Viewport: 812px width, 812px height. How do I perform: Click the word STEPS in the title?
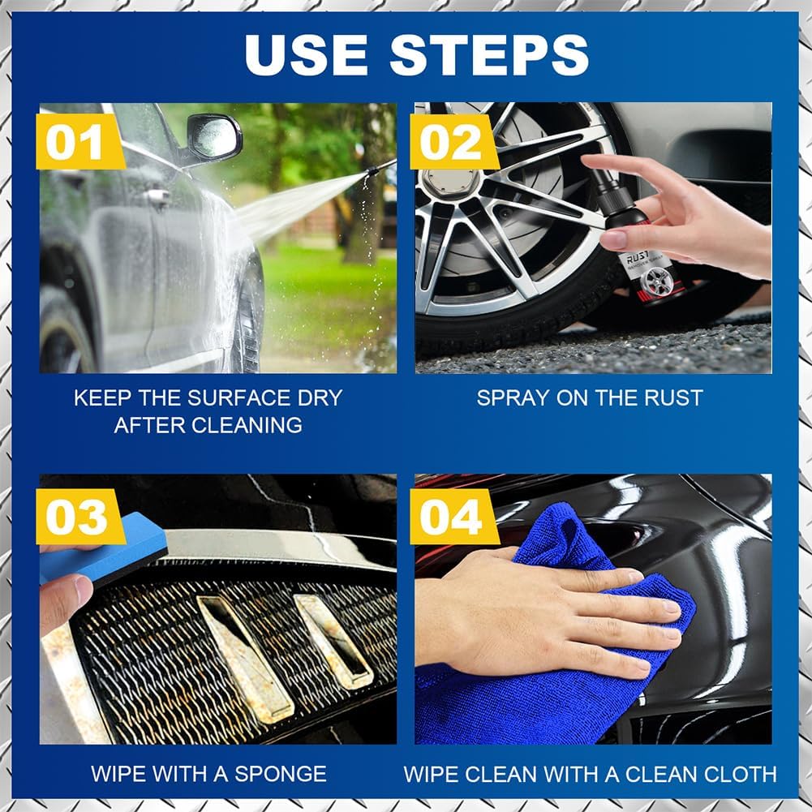point(489,55)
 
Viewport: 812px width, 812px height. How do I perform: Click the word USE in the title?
point(306,55)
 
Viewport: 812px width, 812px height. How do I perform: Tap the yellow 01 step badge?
point(79,142)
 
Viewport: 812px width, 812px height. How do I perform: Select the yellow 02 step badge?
point(453,142)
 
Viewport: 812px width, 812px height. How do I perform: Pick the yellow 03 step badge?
point(79,517)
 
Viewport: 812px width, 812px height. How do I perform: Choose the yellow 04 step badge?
point(453,517)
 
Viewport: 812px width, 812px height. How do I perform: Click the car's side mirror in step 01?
point(214,137)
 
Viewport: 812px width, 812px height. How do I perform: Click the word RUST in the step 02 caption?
point(673,397)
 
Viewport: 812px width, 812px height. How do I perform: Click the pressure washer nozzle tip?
point(372,171)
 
